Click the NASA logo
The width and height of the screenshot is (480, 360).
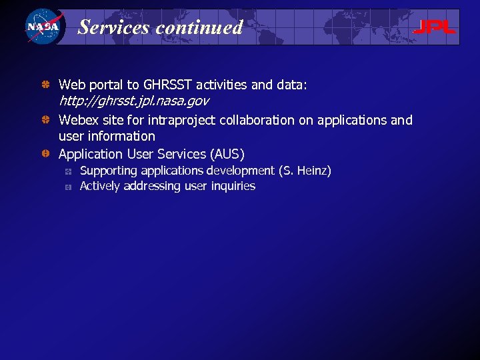[43, 27]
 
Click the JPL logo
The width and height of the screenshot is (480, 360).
[434, 27]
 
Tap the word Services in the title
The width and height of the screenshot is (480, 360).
[114, 27]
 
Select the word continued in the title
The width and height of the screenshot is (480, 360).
[199, 27]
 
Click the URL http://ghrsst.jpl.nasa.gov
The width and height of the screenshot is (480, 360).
[134, 101]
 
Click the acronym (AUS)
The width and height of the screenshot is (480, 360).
[227, 154]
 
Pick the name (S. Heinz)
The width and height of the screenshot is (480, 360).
[307, 171]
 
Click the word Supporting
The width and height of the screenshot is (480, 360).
[109, 171]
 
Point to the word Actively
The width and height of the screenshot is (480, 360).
[100, 186]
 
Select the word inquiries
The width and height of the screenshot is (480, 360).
[233, 186]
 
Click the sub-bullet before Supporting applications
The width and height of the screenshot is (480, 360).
[68, 171]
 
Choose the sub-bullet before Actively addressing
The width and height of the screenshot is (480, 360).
[68, 187]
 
